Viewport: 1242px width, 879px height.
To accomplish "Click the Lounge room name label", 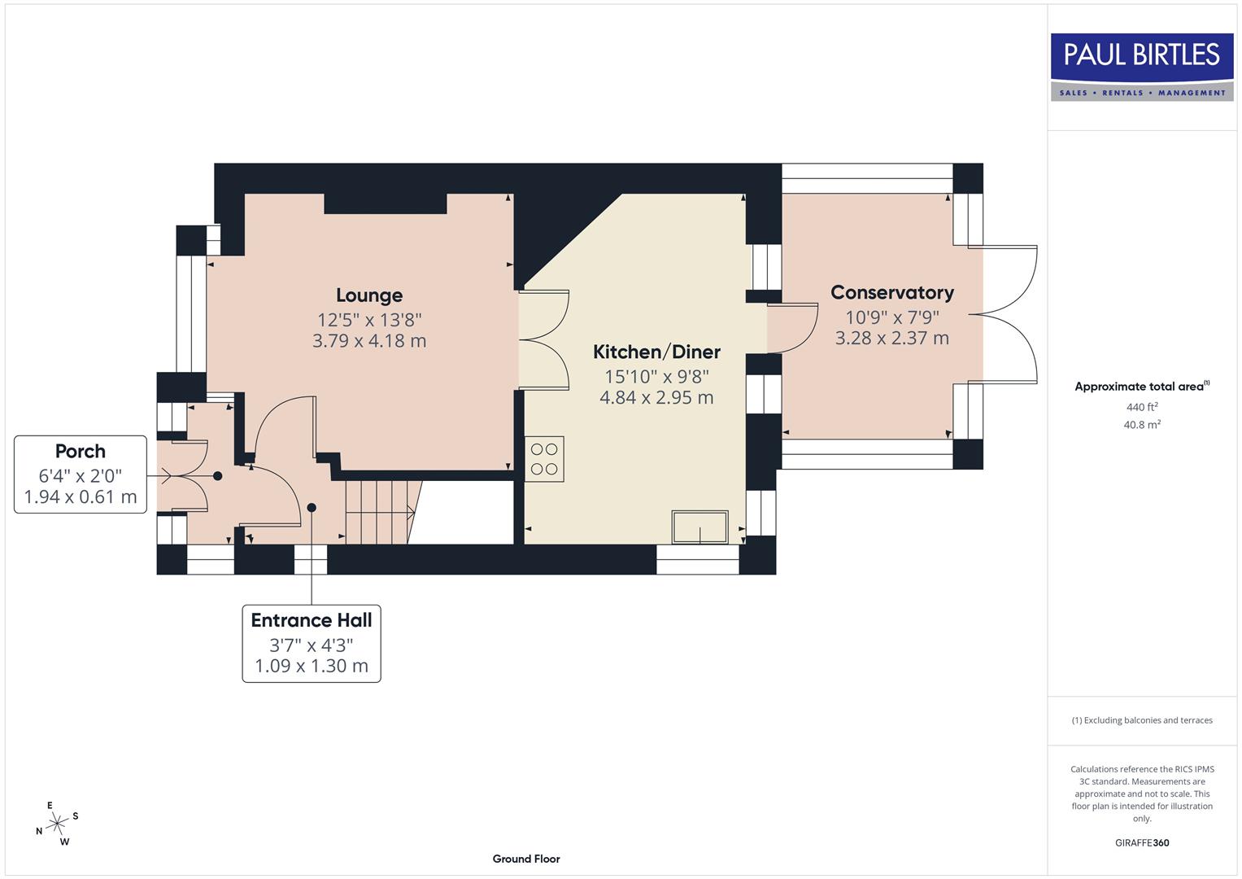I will click(369, 295).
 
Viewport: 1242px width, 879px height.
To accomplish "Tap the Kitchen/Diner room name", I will click(656, 352).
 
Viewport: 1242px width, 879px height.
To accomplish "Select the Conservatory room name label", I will click(891, 292).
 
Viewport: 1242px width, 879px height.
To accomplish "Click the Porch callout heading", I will click(81, 451).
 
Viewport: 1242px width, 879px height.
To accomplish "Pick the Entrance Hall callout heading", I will click(312, 620).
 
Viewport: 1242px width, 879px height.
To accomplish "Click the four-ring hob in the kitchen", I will click(544, 459).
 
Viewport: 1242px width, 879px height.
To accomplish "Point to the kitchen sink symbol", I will click(699, 527).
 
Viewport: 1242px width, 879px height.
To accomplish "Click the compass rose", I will click(57, 824).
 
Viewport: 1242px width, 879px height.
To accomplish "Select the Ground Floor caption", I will click(526, 859).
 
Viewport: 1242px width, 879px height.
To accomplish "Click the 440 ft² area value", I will click(1141, 407).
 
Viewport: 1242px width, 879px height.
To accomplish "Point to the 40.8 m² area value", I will click(1141, 425).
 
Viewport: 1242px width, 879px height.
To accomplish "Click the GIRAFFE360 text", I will click(1141, 842).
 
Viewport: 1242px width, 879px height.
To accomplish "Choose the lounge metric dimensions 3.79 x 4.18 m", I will click(369, 341).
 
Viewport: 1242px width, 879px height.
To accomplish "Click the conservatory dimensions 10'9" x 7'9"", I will click(891, 317).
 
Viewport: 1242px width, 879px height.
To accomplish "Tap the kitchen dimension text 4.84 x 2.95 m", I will click(656, 398).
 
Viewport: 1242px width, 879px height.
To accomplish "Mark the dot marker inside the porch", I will click(217, 476).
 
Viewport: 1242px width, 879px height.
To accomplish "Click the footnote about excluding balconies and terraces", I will click(1141, 720).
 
